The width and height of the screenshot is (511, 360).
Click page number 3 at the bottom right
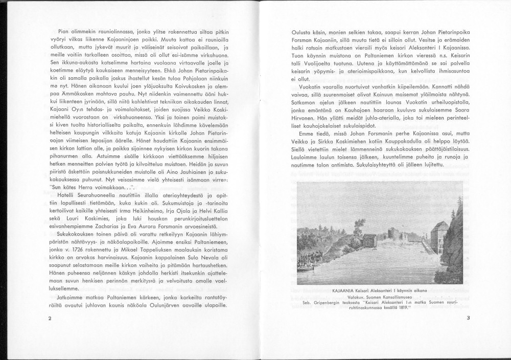coord(468,318)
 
